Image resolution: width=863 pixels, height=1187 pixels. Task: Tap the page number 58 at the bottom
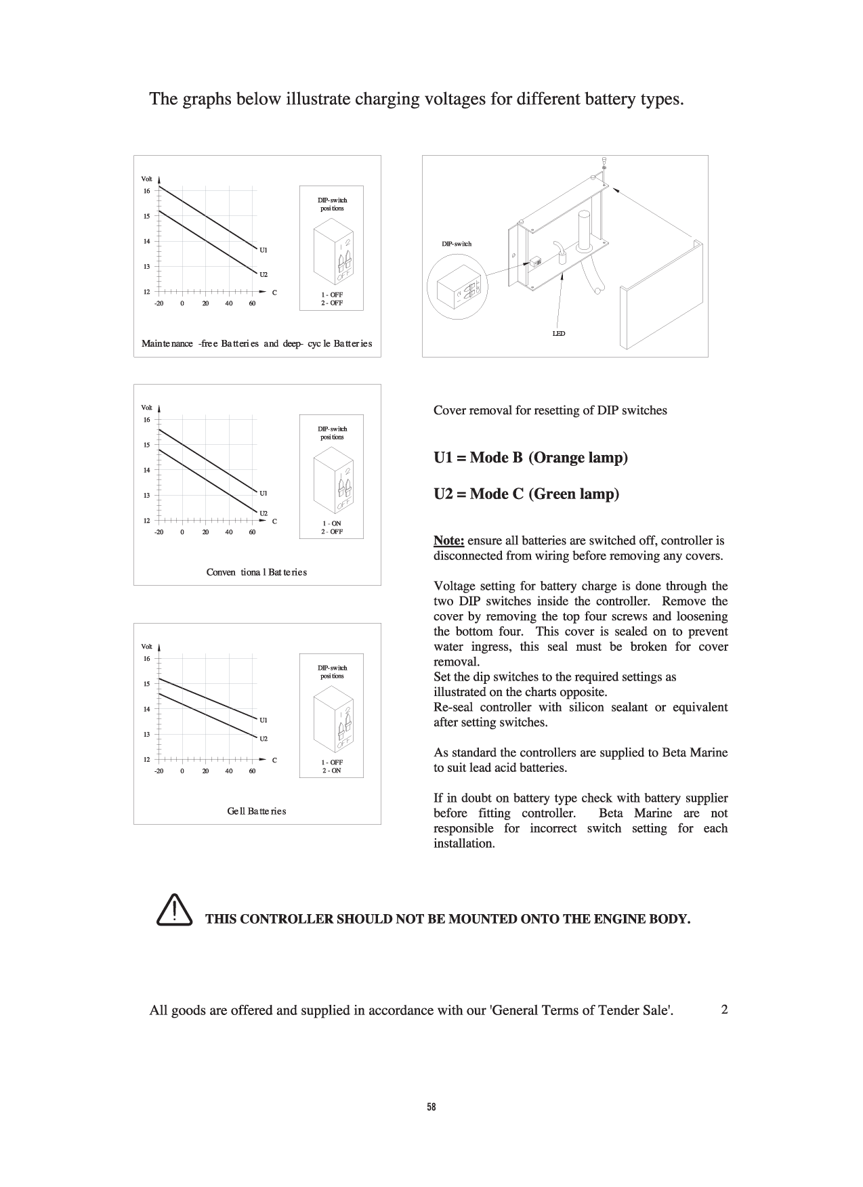pyautogui.click(x=432, y=1108)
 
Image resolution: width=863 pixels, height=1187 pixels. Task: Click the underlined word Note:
pyautogui.click(x=448, y=540)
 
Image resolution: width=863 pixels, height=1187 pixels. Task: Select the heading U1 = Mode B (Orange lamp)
pyautogui.click(x=530, y=458)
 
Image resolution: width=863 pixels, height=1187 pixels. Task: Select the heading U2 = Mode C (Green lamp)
pyautogui.click(x=526, y=494)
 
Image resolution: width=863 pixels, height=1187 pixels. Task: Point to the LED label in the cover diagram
pyautogui.click(x=559, y=334)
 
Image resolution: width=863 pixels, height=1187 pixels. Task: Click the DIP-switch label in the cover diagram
pyautogui.click(x=457, y=244)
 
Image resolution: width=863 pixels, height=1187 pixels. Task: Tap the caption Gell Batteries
pyautogui.click(x=257, y=811)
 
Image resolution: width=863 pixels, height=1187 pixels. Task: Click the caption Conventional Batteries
pyautogui.click(x=257, y=572)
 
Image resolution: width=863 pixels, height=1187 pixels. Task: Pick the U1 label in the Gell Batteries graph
pyautogui.click(x=264, y=720)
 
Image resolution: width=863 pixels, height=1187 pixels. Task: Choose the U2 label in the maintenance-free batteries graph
pyautogui.click(x=264, y=274)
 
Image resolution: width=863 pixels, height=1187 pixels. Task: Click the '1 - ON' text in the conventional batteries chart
pyautogui.click(x=332, y=523)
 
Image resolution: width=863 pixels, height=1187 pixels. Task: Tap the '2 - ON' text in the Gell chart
pyautogui.click(x=332, y=771)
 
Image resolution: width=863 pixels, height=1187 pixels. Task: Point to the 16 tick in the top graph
pyautogui.click(x=146, y=191)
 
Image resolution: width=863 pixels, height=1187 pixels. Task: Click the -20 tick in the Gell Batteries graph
pyautogui.click(x=159, y=771)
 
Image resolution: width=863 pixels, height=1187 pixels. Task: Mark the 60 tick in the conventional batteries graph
pyautogui.click(x=252, y=532)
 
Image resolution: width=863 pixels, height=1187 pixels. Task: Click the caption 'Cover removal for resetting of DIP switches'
pyautogui.click(x=550, y=410)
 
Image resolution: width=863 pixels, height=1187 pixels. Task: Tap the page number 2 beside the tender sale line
pyautogui.click(x=724, y=1010)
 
